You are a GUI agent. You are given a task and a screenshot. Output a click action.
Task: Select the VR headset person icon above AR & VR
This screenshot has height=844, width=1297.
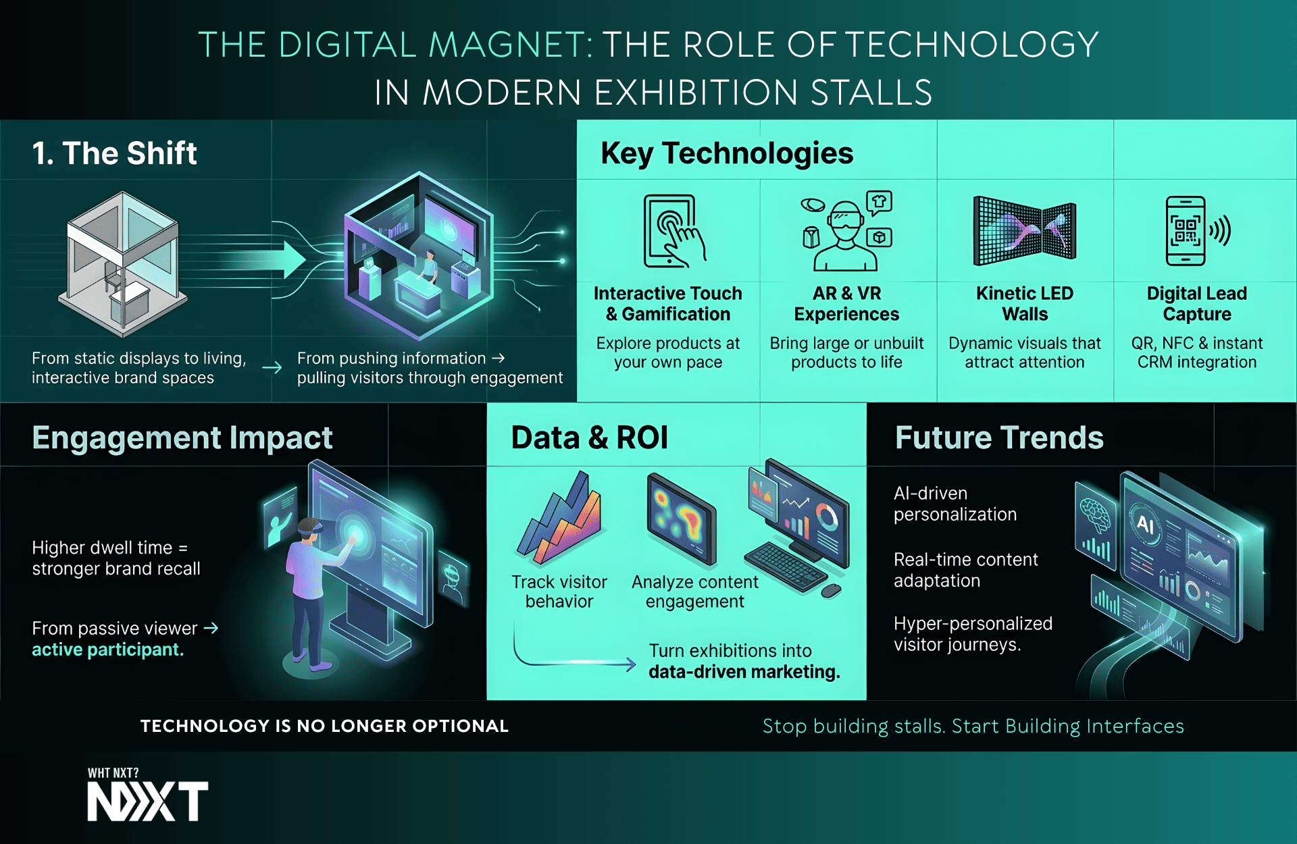click(x=846, y=231)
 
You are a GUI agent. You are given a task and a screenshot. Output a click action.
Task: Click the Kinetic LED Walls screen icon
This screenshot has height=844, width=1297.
click(x=1024, y=230)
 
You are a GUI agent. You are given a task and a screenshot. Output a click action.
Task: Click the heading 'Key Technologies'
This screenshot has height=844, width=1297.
click(x=727, y=153)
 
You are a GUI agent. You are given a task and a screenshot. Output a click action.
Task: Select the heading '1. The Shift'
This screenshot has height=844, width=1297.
click(x=115, y=153)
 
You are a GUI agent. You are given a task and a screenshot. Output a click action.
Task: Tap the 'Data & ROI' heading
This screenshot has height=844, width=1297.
click(x=589, y=438)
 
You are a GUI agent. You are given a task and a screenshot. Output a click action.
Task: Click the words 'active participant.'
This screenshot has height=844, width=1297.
click(x=108, y=650)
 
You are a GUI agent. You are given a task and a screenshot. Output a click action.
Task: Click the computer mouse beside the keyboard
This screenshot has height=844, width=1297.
click(x=832, y=591)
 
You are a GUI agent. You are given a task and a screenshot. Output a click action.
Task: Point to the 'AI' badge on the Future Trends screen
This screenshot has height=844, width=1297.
click(x=1145, y=523)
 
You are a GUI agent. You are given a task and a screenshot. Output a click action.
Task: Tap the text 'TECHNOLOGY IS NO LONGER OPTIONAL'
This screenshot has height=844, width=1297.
click(x=324, y=726)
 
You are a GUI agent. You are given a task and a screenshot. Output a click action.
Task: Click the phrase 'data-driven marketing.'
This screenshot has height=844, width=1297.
click(x=744, y=672)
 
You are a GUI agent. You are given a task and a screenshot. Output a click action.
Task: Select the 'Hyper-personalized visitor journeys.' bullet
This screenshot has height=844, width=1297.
click(x=973, y=633)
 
